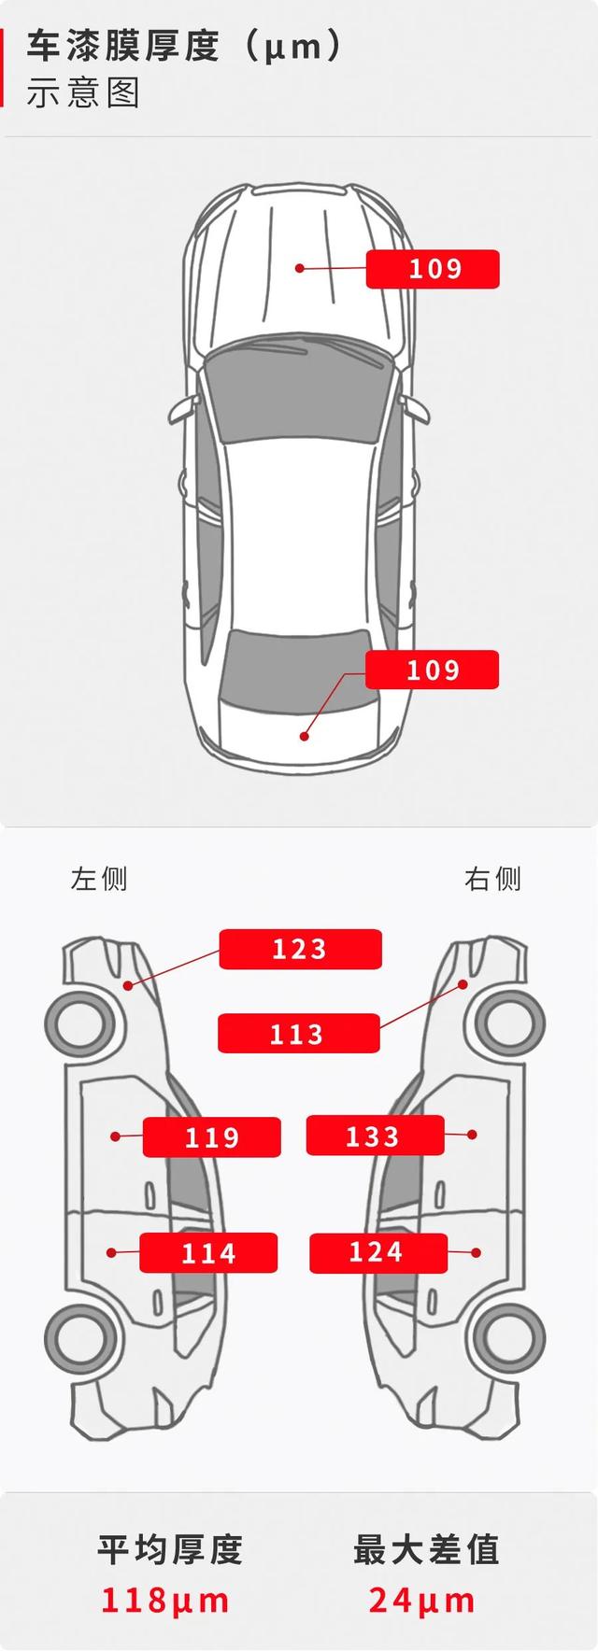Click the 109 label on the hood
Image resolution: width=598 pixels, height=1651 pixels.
433,269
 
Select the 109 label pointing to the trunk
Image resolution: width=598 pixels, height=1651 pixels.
432,670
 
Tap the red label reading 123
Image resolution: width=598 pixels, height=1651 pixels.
300,949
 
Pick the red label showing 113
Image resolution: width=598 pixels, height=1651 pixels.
298,1034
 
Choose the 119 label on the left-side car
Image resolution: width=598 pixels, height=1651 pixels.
212,1136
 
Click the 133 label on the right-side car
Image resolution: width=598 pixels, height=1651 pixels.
375,1136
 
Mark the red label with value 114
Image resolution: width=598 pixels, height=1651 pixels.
208,1252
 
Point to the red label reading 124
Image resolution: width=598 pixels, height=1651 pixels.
378,1252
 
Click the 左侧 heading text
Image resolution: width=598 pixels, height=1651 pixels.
99,879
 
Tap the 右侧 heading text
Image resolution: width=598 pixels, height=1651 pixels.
492,879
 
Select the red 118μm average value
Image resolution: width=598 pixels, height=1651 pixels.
165,1601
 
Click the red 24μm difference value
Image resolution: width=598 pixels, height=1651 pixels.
422,1601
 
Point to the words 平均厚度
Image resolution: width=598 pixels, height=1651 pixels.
170,1549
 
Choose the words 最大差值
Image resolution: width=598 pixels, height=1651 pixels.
426,1549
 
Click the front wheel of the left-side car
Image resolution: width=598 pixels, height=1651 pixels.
82,1024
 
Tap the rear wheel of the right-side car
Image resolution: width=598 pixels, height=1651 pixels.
509,1335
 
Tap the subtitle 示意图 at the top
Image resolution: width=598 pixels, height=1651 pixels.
83,93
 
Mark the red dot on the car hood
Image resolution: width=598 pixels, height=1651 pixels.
300,268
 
